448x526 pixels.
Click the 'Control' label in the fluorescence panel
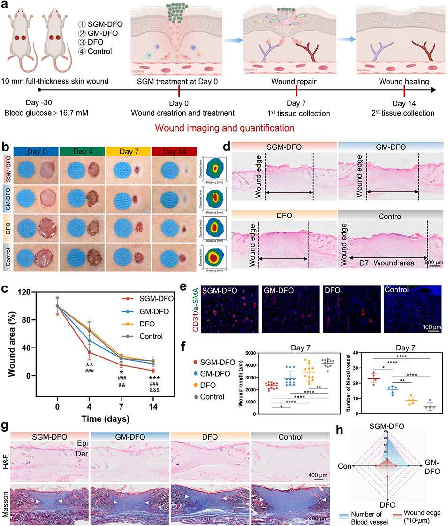coord(396,290)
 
